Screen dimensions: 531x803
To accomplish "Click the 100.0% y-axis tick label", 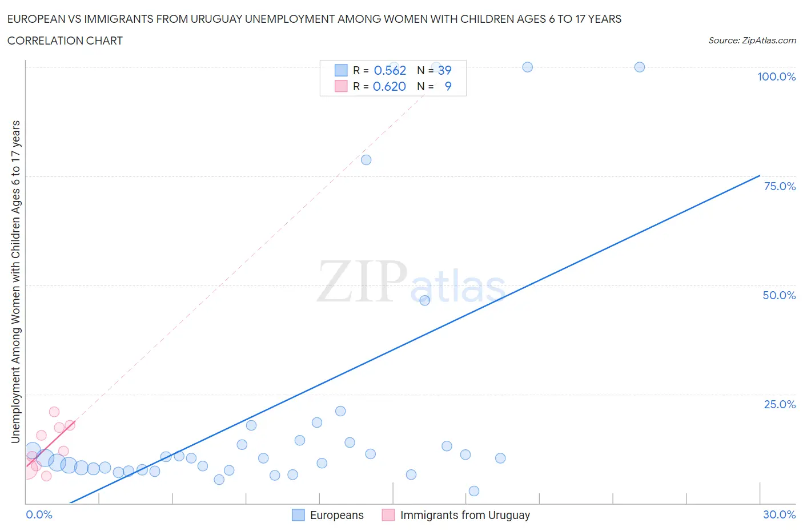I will (x=776, y=77).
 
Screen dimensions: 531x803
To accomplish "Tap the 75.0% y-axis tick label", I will (x=780, y=186).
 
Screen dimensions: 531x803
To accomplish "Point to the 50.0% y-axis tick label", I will (x=779, y=295).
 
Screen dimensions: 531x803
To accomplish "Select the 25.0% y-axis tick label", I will (x=780, y=404).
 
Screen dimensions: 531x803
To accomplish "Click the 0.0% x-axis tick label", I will (x=39, y=514).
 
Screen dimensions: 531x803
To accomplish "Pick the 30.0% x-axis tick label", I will (x=779, y=514).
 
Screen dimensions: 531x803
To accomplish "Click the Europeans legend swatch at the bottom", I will (x=298, y=515).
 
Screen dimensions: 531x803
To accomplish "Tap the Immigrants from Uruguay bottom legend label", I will (x=465, y=515).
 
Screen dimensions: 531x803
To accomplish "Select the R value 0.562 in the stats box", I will (x=390, y=70).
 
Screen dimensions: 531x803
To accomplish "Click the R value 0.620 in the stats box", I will (x=389, y=86).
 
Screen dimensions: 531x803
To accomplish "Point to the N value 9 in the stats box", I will (x=448, y=86).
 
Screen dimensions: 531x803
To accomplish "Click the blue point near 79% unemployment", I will (x=366, y=160).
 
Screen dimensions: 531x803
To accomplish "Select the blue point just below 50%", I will (x=424, y=300).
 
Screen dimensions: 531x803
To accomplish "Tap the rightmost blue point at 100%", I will (x=640, y=67).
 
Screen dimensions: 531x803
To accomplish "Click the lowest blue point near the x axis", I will (x=473, y=491).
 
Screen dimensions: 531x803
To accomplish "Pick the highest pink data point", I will (x=54, y=412).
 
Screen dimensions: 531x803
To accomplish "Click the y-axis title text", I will (x=15, y=281).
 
